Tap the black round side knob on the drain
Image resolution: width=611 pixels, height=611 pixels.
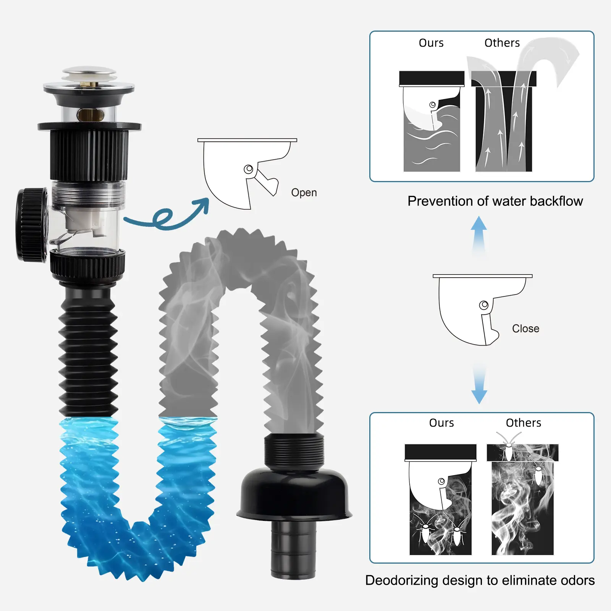(32, 224)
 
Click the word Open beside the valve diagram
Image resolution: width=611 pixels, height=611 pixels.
(304, 193)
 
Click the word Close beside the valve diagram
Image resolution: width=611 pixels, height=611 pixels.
(525, 328)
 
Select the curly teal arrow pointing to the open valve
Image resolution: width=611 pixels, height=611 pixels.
(164, 218)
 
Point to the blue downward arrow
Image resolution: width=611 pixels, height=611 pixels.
(479, 384)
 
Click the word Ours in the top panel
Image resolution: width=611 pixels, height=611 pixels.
(431, 43)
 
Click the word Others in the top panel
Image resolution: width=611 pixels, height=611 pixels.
(502, 43)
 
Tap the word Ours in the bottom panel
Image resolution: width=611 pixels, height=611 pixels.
(441, 423)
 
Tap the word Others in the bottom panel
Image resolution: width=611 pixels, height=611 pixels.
(524, 423)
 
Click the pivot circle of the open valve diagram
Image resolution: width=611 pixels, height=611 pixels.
(249, 169)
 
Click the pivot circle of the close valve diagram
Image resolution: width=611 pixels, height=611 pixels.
(484, 305)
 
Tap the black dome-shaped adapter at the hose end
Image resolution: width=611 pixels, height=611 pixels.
(294, 495)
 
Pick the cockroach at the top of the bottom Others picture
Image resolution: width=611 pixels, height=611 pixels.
(508, 447)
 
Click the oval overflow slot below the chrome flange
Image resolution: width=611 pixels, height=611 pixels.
(90, 114)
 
